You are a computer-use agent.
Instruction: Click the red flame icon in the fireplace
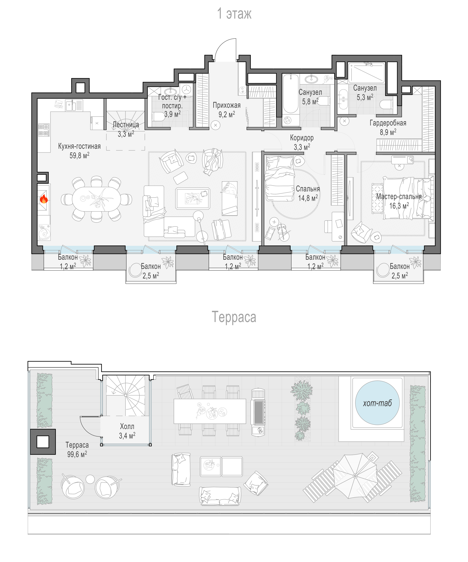(x=44, y=199)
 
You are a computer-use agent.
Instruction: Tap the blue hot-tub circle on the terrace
(x=377, y=403)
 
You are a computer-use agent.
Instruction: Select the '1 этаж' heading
(x=234, y=13)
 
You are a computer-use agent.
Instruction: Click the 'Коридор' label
(x=302, y=138)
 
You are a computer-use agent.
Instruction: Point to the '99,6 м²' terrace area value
(x=77, y=454)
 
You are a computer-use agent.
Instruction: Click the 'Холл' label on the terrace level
(x=127, y=426)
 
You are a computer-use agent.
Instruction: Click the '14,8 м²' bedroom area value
(x=308, y=198)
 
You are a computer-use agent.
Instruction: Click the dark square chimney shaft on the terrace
(x=43, y=442)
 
